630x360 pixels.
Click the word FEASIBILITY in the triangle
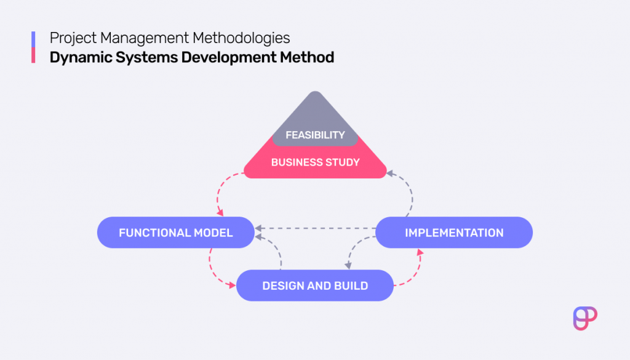click(315, 135)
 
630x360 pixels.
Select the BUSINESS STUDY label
click(315, 162)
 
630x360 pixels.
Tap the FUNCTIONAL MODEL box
click(176, 233)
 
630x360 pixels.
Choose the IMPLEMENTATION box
click(454, 233)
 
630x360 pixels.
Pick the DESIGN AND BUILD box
click(315, 286)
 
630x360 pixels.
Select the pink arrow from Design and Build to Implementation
click(416, 271)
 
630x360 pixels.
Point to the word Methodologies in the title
click(241, 38)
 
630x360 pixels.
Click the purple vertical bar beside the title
click(33, 39)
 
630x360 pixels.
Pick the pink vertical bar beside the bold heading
click(33, 57)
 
